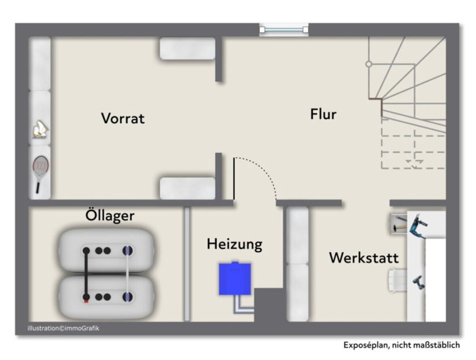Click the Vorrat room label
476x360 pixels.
(x=123, y=118)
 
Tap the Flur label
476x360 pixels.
(x=323, y=115)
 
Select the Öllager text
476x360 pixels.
(x=110, y=215)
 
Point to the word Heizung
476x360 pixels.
(x=234, y=244)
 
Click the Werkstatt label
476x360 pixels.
(x=364, y=258)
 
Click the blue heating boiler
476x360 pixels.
(x=235, y=278)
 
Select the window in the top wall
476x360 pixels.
(x=284, y=30)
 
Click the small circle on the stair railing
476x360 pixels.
(x=369, y=64)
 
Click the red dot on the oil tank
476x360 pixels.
(x=86, y=301)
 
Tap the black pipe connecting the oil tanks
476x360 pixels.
(x=86, y=274)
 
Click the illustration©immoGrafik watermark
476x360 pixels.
(x=63, y=328)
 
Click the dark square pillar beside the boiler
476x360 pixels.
(x=269, y=305)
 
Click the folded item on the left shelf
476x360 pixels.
(x=40, y=129)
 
